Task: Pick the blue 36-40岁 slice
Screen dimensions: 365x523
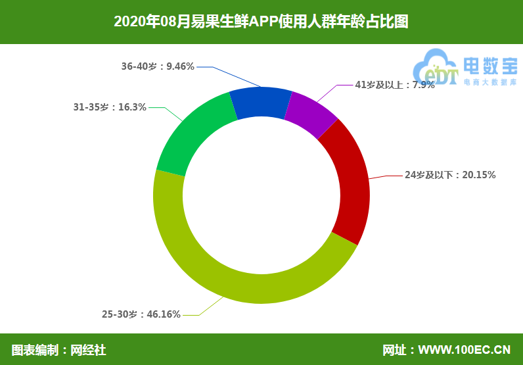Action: [x=261, y=103]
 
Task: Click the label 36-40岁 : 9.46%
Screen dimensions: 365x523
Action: [x=158, y=66]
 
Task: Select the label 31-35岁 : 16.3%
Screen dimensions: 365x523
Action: [x=110, y=107]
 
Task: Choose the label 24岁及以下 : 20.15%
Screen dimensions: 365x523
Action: [x=450, y=175]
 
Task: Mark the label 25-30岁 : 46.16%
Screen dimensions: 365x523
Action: [x=141, y=314]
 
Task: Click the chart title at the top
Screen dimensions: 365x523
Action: [x=261, y=22]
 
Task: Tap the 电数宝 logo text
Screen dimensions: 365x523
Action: [x=490, y=65]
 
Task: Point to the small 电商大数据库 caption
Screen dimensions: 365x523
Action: [x=489, y=83]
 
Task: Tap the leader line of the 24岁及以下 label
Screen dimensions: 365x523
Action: [x=388, y=176]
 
